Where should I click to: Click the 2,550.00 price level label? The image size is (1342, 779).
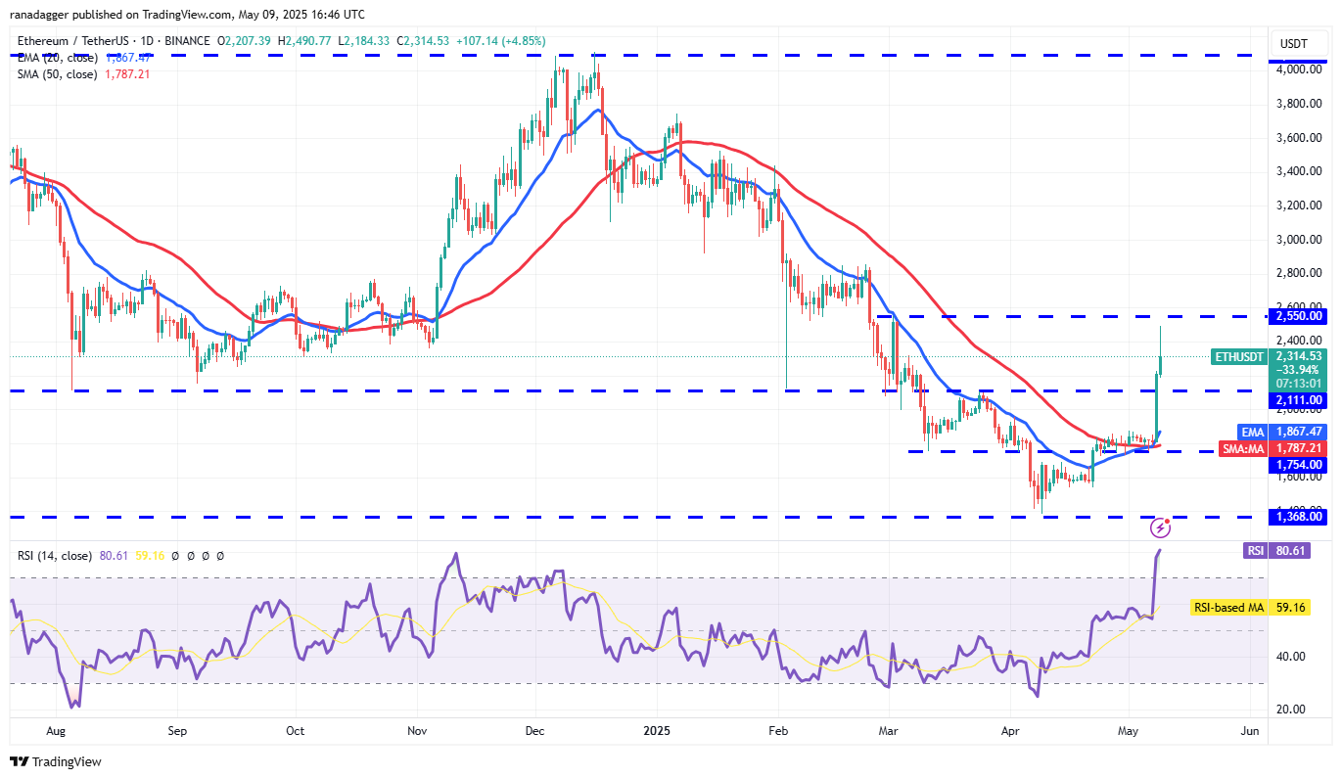(1297, 316)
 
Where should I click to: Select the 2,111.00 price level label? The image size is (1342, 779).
(1297, 399)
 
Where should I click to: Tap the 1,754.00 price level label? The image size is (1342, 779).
(1297, 465)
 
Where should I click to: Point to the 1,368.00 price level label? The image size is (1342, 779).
(1297, 517)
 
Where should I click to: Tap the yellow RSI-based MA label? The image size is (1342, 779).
(1227, 608)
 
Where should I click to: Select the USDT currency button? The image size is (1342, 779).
(1293, 44)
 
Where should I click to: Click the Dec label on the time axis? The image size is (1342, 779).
(535, 730)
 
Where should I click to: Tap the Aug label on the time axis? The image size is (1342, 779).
(55, 730)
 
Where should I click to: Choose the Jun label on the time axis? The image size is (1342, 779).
(1248, 730)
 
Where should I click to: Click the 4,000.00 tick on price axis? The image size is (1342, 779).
(1299, 69)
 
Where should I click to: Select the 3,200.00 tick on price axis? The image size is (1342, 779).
(1299, 206)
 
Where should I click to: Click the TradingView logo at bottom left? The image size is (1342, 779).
(56, 761)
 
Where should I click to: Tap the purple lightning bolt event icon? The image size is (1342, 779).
(1160, 528)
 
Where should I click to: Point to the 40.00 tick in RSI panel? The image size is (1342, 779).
(1291, 657)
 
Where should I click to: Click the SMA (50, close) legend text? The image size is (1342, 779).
(56, 74)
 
